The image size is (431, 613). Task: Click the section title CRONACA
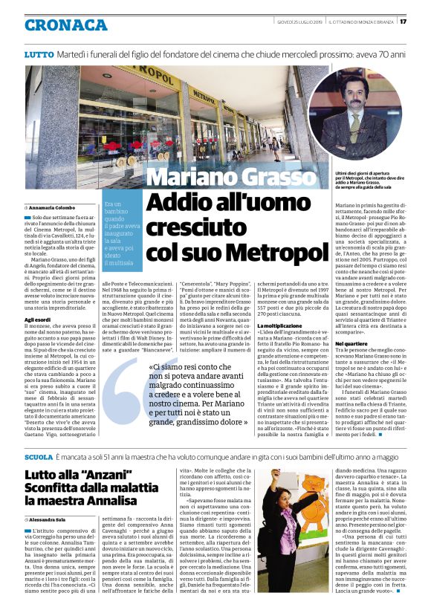(66, 25)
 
